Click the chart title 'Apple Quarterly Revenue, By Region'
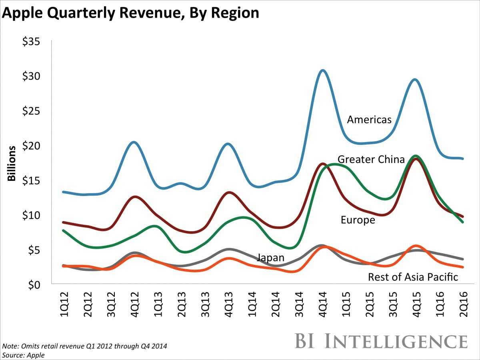[x=131, y=13]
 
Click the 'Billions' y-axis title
[x=12, y=163]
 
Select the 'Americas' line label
[x=369, y=120]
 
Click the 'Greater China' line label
[x=371, y=160]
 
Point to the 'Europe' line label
[x=358, y=220]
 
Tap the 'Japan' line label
[x=270, y=258]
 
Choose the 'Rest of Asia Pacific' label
[x=413, y=277]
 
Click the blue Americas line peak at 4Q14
[x=322, y=71]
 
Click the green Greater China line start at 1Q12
[x=63, y=230]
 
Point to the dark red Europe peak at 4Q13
[x=228, y=193]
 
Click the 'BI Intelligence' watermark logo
[x=381, y=341]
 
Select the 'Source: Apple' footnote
[x=23, y=355]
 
